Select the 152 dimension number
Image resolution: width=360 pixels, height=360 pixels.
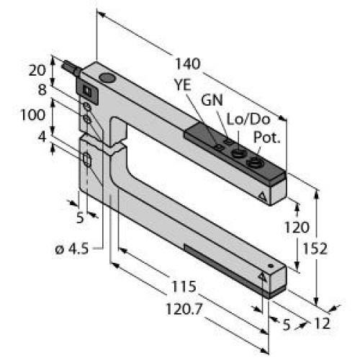point(328,249)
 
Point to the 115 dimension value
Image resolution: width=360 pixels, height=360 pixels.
point(184,287)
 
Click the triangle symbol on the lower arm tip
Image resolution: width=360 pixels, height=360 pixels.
point(261,276)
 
